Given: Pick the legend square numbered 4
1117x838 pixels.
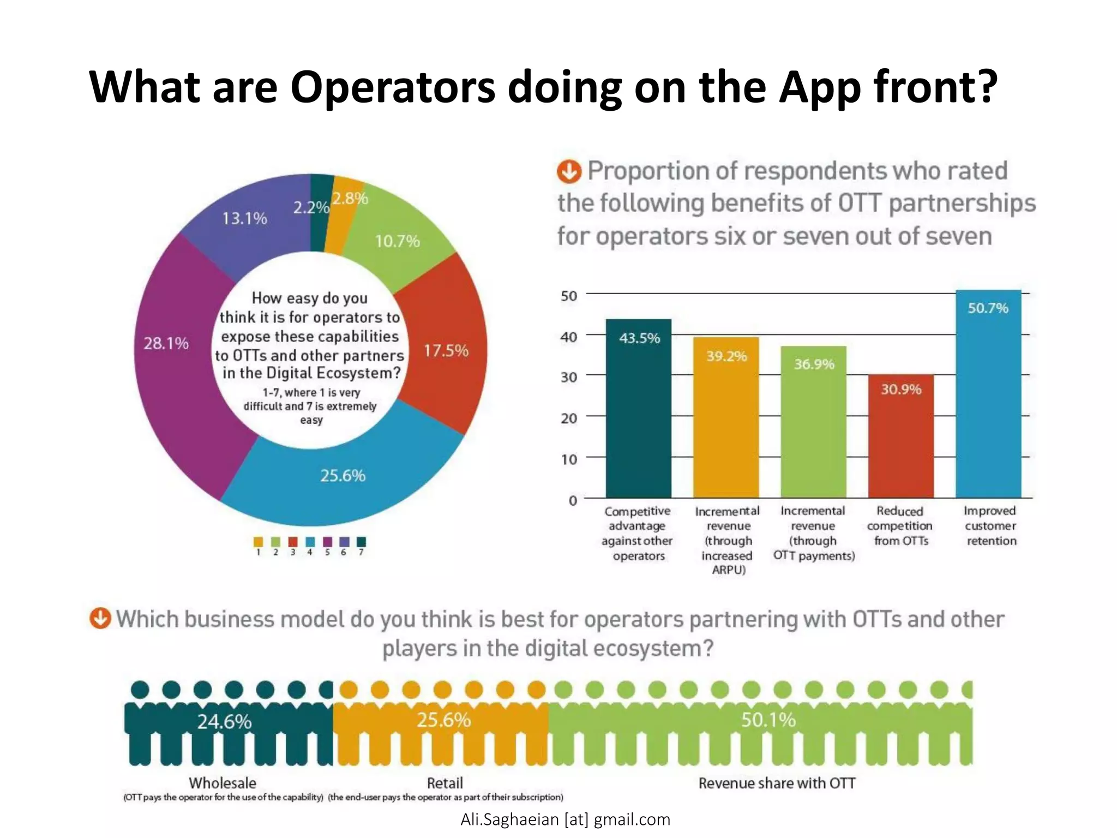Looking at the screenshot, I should pos(310,542).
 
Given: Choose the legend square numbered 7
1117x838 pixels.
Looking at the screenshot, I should pos(361,542).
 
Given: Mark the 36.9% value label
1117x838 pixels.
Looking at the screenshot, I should pos(814,364).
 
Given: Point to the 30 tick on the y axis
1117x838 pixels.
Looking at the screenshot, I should pos(569,377).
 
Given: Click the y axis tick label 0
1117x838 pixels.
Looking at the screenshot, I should pos(573,500).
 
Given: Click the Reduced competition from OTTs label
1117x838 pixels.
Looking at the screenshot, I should pos(900,526).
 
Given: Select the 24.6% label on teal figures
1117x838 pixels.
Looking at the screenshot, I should pos(224,722).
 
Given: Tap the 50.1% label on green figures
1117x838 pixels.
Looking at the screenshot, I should pos(768,720).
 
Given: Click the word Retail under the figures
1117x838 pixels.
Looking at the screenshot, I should pos(445,783).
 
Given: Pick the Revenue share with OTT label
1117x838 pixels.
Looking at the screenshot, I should pos(777,783).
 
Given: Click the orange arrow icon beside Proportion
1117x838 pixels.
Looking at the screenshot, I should pos(569,172).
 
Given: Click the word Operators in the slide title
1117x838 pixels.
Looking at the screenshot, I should pos(393,87).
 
